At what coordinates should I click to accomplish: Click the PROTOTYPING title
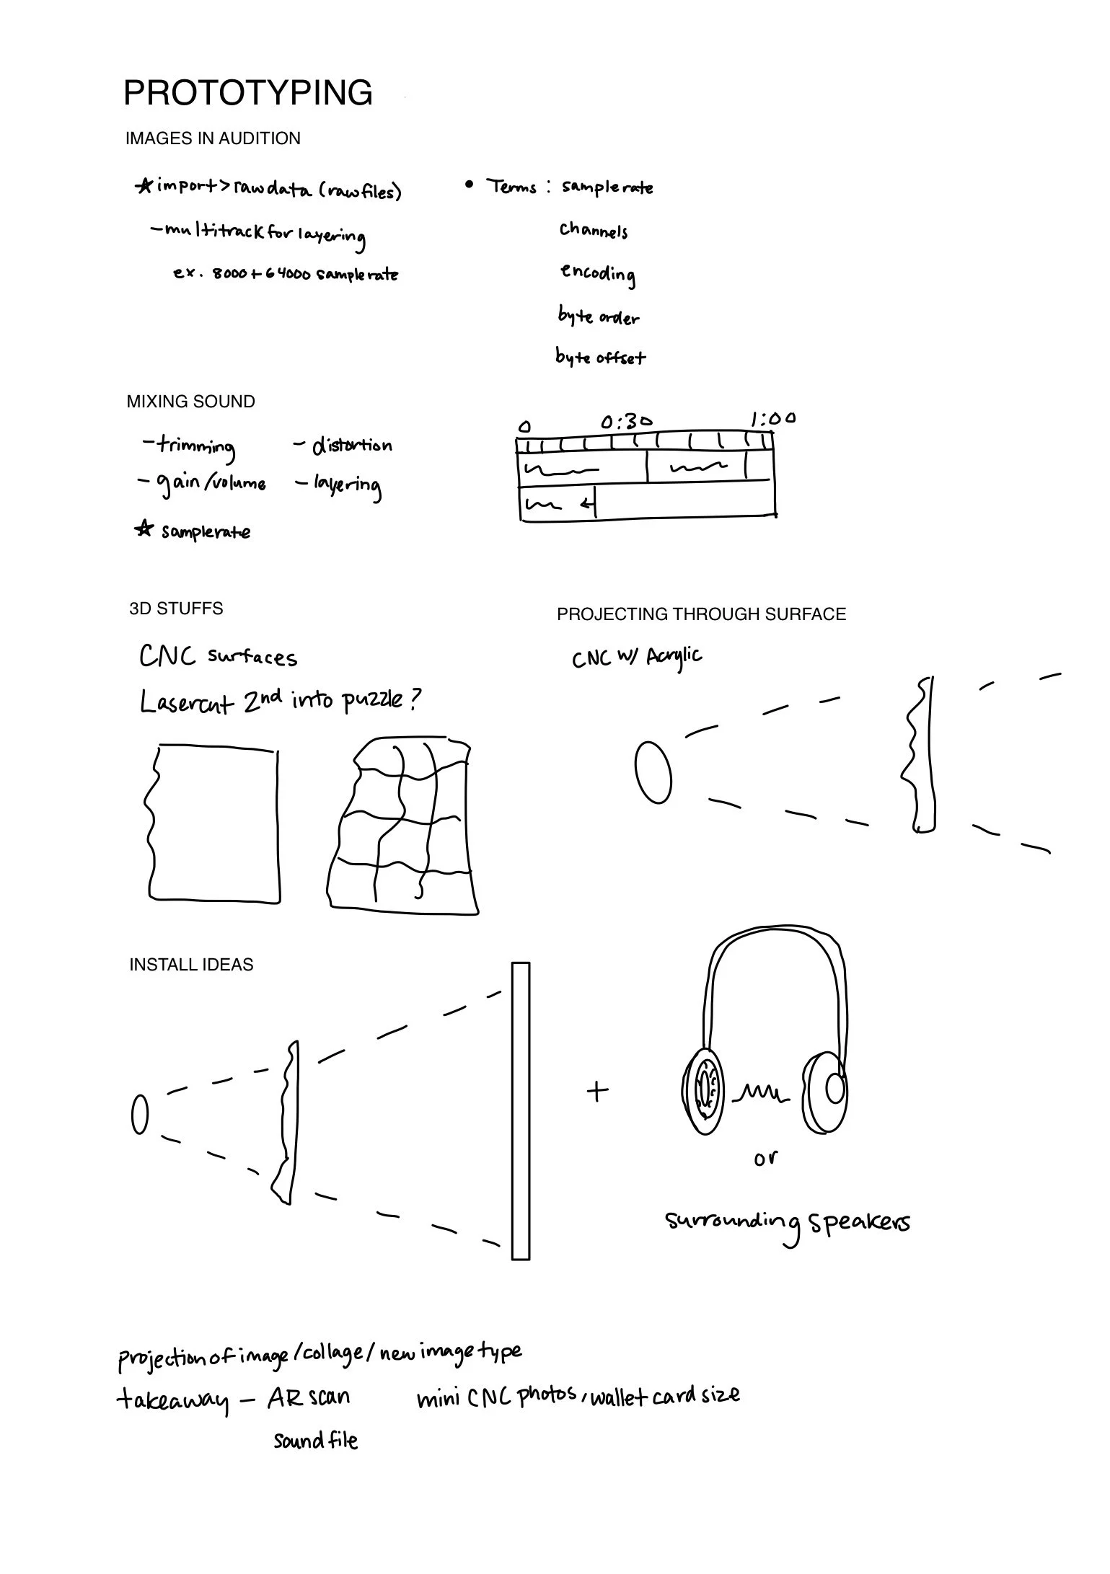tap(247, 93)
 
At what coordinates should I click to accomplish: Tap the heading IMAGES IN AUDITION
tap(213, 138)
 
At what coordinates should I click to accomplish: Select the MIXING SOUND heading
tap(190, 402)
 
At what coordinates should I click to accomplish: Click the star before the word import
tap(144, 186)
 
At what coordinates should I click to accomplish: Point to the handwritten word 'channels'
tap(593, 231)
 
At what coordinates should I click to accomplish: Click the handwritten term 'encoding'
tap(598, 274)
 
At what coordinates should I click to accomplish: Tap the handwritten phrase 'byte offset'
tap(600, 357)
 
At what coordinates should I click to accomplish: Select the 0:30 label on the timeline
tap(626, 420)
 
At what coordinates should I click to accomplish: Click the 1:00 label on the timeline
tap(772, 418)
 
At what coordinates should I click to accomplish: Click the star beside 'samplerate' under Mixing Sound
tap(144, 530)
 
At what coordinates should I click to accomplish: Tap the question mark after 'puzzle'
tap(413, 699)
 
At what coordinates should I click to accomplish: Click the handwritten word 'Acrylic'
tap(674, 656)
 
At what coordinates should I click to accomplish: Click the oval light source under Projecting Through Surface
tap(653, 771)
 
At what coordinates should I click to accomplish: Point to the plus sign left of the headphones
tap(597, 1091)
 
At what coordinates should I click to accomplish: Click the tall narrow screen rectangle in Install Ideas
tap(520, 1111)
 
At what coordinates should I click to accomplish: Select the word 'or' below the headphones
tap(765, 1158)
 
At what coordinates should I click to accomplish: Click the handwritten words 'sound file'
tap(315, 1441)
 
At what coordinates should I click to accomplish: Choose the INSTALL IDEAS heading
tap(191, 965)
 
